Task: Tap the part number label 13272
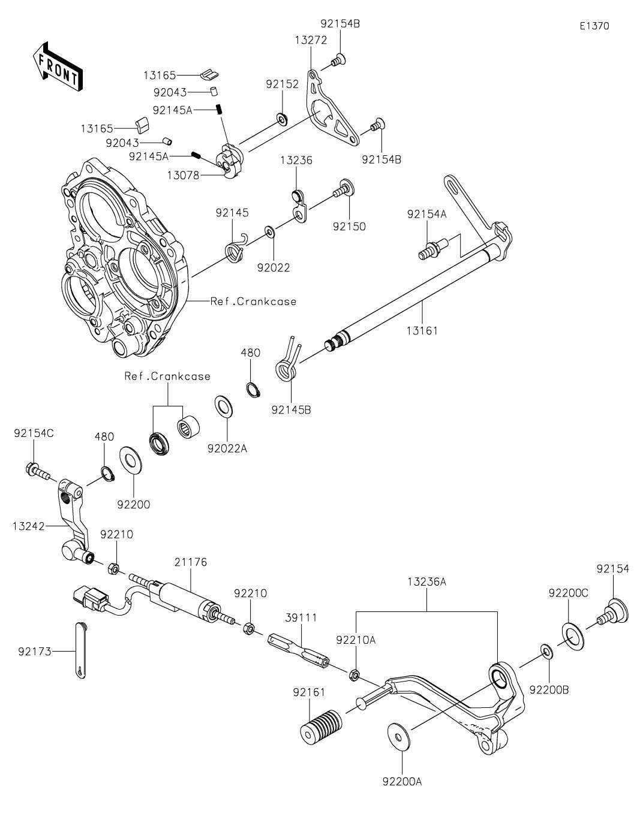pyautogui.click(x=311, y=40)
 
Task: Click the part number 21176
pyautogui.click(x=191, y=562)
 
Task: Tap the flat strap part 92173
pyautogui.click(x=82, y=650)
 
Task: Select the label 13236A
pyautogui.click(x=427, y=581)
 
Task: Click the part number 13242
pyautogui.click(x=28, y=526)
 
